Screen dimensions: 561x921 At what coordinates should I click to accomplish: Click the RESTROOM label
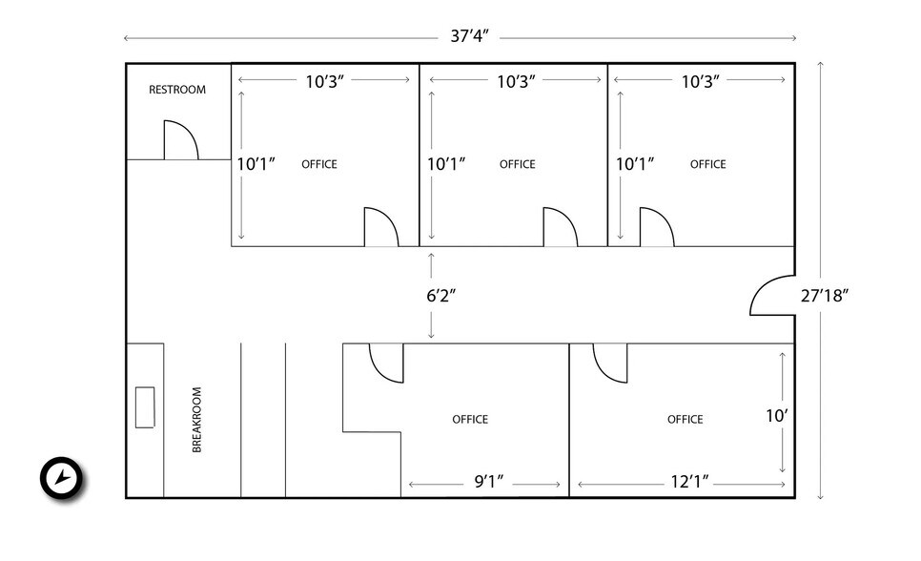pos(176,90)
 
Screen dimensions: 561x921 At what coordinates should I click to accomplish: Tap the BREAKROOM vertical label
pos(197,419)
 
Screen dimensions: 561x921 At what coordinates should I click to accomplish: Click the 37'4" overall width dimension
pos(469,37)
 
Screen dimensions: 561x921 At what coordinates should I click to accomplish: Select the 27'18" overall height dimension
pos(825,295)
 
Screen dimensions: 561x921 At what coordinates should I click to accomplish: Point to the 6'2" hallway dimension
pos(441,295)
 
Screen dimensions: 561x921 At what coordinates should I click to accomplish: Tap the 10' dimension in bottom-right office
pos(777,415)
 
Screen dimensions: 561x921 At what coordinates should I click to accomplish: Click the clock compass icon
pos(62,477)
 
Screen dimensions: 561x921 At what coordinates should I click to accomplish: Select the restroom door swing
pos(179,140)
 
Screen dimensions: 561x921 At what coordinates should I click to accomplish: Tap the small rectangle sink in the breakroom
pos(145,406)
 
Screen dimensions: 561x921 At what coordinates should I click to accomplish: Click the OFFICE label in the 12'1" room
pos(685,419)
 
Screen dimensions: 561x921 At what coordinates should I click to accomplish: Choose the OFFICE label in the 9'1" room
pos(470,419)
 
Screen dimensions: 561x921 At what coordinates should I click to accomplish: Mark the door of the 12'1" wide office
pos(609,362)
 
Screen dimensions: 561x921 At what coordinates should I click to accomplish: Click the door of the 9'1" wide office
pos(386,362)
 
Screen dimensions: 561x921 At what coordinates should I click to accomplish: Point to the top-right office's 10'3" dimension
pos(701,81)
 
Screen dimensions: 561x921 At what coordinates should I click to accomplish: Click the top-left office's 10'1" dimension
pos(256,164)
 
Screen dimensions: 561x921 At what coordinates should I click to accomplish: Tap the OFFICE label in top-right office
pos(707,164)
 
